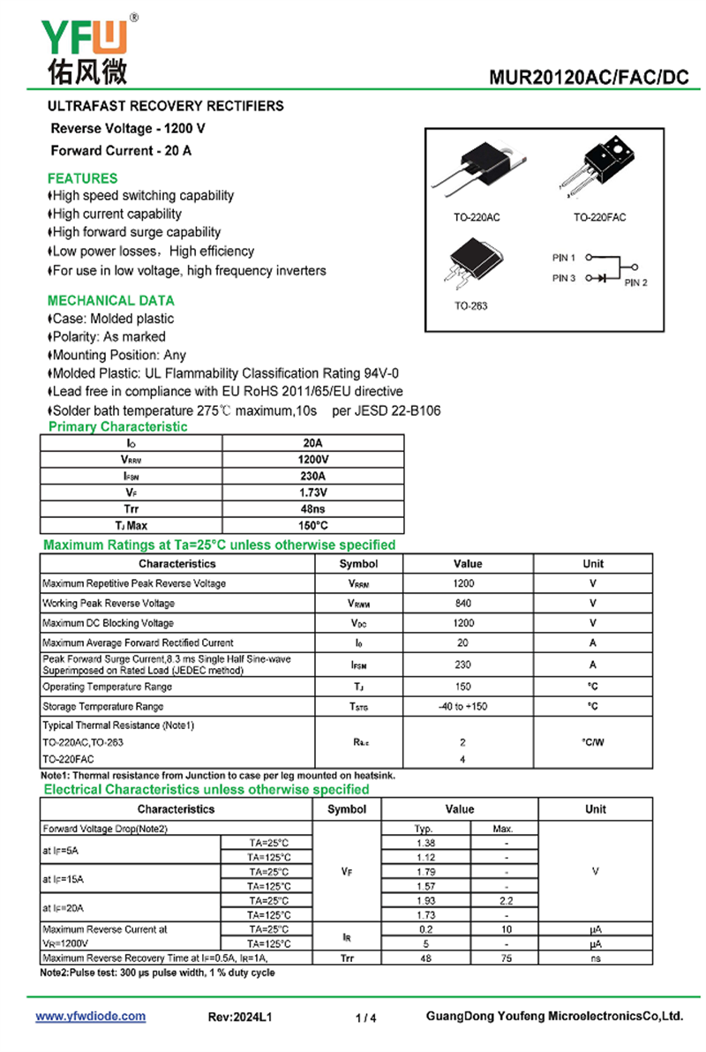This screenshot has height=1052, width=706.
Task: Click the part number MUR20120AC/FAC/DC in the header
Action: (589, 78)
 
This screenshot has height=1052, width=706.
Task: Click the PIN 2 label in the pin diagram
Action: (635, 283)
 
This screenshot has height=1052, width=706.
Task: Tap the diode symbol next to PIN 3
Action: (602, 278)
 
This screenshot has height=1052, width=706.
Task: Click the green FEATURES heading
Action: (82, 178)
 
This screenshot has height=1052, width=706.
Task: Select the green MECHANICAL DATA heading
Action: (111, 300)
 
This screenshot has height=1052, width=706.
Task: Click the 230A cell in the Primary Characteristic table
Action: (312, 476)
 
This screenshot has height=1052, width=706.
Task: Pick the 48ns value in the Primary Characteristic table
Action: (312, 509)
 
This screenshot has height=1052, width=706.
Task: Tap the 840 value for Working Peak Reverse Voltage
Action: (463, 604)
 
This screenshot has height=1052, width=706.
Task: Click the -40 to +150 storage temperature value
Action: (463, 707)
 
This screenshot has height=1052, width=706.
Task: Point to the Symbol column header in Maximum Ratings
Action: (358, 564)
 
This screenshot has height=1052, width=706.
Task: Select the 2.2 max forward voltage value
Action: (506, 901)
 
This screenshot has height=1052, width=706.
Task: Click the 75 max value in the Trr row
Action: (506, 958)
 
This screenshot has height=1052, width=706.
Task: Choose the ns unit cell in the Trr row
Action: (596, 958)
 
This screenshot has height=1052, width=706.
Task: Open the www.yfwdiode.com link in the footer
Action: (90, 1017)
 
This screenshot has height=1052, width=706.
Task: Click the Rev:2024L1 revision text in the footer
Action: (240, 1018)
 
